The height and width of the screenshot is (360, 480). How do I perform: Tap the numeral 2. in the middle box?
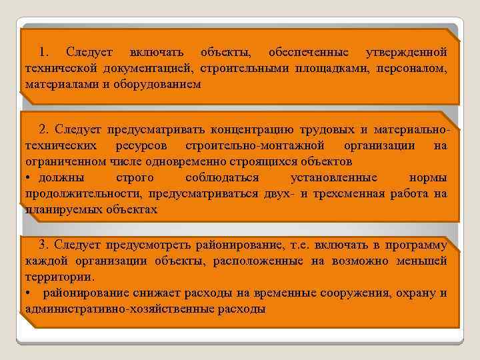pos(44,129)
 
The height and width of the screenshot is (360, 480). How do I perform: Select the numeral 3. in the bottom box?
pos(44,243)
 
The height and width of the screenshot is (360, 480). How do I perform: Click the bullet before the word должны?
pos(28,178)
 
